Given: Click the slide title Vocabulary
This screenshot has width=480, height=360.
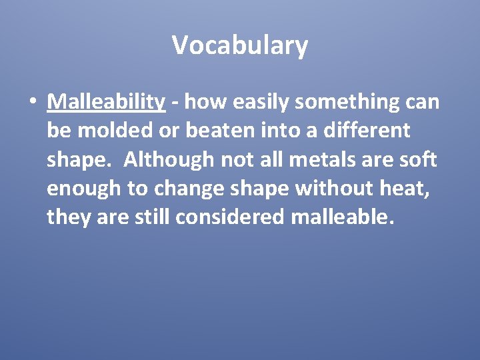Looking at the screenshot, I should (x=240, y=45).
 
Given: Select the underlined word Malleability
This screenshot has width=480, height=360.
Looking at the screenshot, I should (x=106, y=102).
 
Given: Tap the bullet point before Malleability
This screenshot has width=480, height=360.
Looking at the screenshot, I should (x=31, y=103).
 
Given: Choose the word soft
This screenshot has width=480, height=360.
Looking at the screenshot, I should (x=419, y=160).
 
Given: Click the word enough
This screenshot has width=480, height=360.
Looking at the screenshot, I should (x=85, y=189).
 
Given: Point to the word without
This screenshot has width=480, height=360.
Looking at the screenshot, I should (x=333, y=189).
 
